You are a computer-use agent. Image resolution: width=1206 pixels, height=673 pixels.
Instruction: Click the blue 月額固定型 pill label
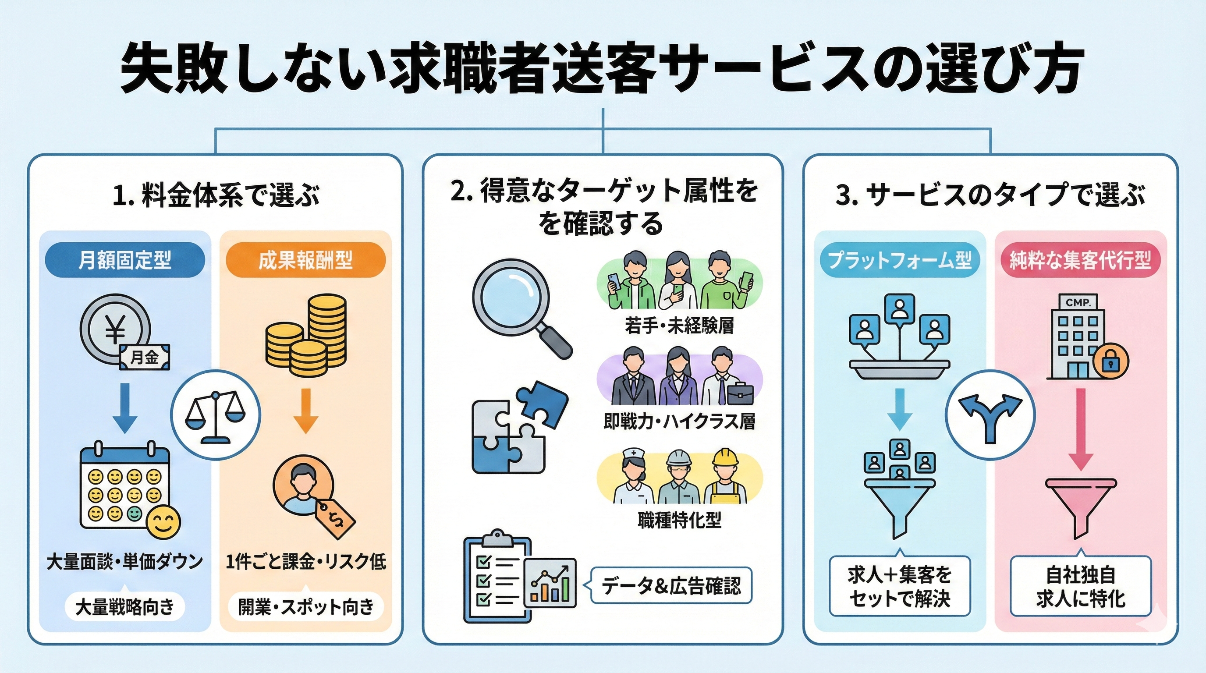pyautogui.click(x=124, y=260)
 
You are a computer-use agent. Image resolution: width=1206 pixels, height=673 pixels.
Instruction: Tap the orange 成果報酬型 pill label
pyautogui.click(x=305, y=260)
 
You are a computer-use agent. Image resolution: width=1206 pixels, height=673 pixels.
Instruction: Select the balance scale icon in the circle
pyautogui.click(x=215, y=415)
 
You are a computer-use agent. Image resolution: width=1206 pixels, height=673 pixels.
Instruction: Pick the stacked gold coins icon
pyautogui.click(x=306, y=335)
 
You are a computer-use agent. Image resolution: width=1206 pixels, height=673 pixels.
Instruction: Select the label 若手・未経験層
pyautogui.click(x=679, y=326)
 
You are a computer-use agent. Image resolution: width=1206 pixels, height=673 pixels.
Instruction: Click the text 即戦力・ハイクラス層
pyautogui.click(x=679, y=422)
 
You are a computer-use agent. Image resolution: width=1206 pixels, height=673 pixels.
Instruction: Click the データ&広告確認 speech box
pyautogui.click(x=671, y=585)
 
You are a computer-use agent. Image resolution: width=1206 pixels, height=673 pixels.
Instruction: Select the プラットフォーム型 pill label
pyautogui.click(x=900, y=260)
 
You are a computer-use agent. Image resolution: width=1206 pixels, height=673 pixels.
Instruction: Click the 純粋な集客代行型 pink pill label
pyautogui.click(x=1080, y=260)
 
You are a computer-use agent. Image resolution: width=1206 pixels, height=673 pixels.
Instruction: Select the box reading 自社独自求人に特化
pyautogui.click(x=1080, y=586)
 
